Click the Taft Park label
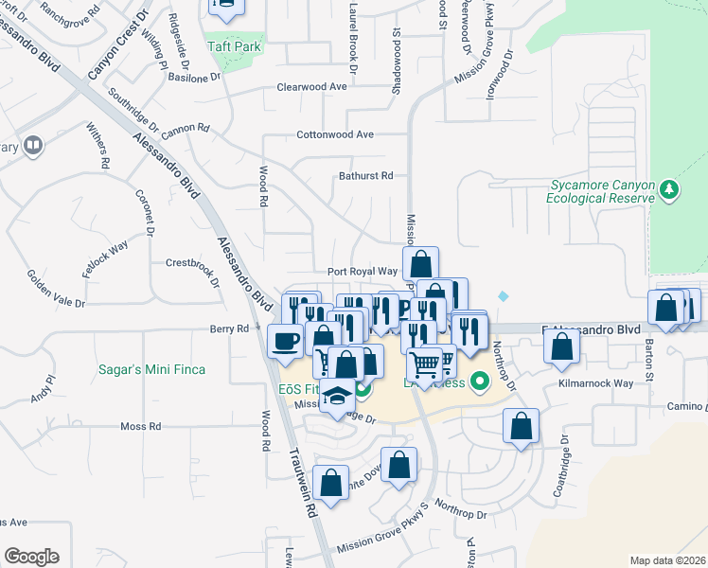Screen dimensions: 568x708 [x=235, y=44]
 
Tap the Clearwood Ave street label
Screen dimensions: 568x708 [x=311, y=87]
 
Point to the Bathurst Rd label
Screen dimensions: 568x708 [x=365, y=176]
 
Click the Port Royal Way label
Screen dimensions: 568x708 [x=355, y=272]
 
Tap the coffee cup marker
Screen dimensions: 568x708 [x=285, y=340]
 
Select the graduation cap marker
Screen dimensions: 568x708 [x=337, y=397]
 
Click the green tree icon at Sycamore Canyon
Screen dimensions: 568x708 [x=669, y=189]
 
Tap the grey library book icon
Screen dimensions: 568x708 [x=33, y=145]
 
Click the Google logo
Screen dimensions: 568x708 [x=31, y=557]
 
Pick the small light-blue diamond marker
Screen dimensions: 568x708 [x=503, y=296]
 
